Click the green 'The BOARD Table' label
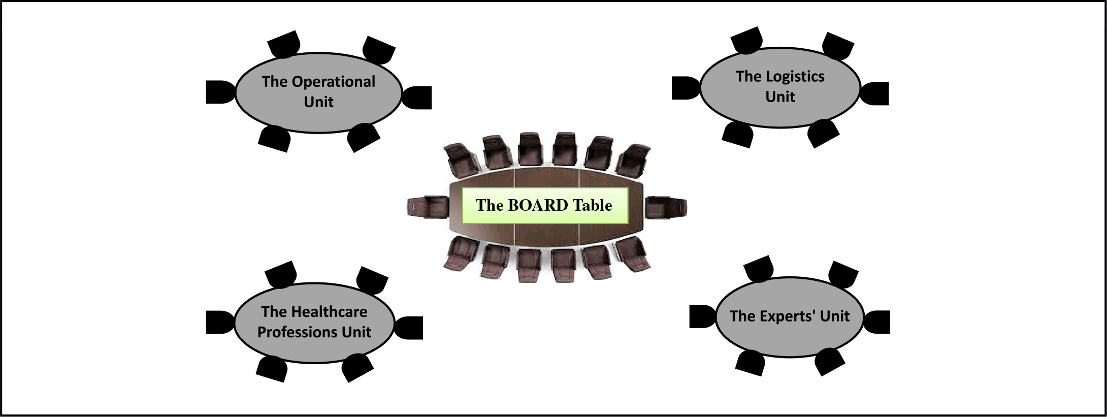pyautogui.click(x=545, y=206)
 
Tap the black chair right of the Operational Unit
pyautogui.click(x=416, y=98)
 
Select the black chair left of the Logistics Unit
pyautogui.click(x=687, y=88)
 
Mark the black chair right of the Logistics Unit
pyautogui.click(x=874, y=93)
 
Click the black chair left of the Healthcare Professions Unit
pyautogui.click(x=221, y=322)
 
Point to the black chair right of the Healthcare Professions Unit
pyautogui.click(x=408, y=328)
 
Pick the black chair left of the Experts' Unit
pyautogui.click(x=703, y=316)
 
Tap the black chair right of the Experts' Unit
pyautogui.click(x=877, y=322)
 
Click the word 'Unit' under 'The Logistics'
pyautogui.click(x=780, y=97)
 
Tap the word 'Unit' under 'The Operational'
pyautogui.click(x=318, y=102)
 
